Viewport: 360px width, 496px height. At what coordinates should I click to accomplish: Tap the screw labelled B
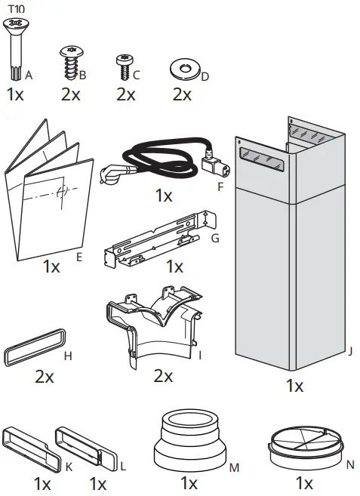[69, 63]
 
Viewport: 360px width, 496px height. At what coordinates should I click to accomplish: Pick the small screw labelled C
[123, 66]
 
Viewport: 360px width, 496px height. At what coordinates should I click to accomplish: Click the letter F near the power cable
[220, 184]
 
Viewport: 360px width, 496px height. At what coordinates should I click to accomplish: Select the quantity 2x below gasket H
[44, 376]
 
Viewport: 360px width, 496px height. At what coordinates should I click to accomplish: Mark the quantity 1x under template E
[51, 266]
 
